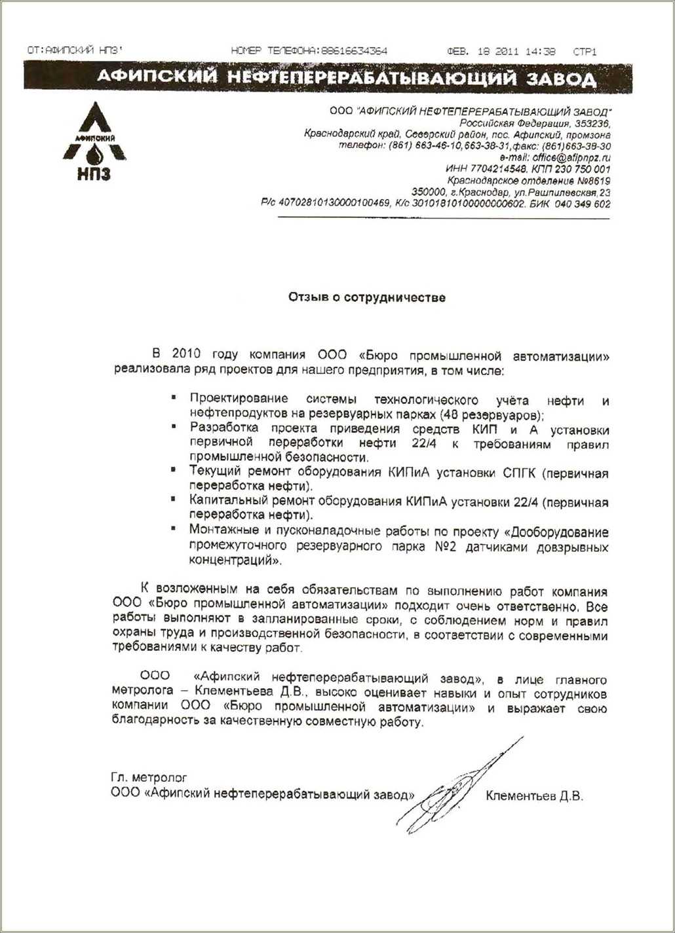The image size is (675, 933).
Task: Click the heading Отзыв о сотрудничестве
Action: click(x=367, y=298)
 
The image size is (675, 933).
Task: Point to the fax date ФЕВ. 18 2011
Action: click(x=482, y=51)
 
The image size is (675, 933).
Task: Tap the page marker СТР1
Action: click(x=585, y=51)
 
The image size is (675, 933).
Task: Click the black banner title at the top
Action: click(x=347, y=79)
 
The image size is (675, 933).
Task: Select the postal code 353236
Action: click(x=592, y=123)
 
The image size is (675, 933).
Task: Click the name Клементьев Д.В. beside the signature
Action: click(x=534, y=796)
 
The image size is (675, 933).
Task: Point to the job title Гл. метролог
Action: click(x=149, y=778)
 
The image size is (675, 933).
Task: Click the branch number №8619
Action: click(x=587, y=181)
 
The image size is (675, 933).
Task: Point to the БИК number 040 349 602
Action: click(x=583, y=204)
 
